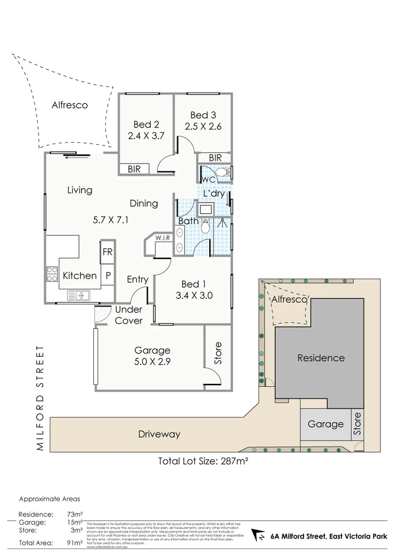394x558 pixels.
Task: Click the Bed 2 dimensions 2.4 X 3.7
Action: (146, 135)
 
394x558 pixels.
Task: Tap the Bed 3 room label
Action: (203, 115)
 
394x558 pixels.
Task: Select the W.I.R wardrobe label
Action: (162, 238)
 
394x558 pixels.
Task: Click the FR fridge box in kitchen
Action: (108, 252)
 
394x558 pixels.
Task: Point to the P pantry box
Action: (108, 275)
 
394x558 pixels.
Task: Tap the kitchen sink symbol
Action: (78, 295)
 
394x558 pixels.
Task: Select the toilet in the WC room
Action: (223, 172)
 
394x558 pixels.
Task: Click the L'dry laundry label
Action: (214, 194)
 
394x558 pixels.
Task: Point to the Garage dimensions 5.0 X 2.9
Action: (152, 361)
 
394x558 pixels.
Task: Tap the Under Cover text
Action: (128, 315)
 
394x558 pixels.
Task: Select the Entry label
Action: (138, 279)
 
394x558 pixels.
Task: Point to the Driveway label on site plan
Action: (159, 434)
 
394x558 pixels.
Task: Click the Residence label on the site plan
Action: (321, 357)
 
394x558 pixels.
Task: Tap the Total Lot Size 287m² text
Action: (202, 461)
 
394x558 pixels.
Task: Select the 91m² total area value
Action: (74, 542)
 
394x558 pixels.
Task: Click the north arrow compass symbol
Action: (259, 536)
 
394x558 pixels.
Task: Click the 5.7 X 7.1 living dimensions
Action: (110, 220)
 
